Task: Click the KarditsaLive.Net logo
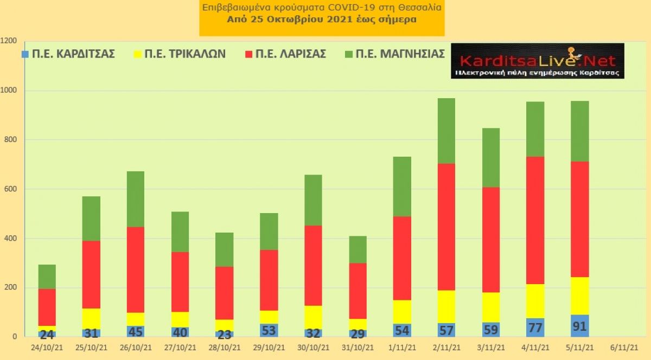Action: tap(538, 61)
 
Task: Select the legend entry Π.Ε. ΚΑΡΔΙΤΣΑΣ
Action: tap(68, 54)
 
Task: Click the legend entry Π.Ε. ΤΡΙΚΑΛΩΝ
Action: tap(180, 54)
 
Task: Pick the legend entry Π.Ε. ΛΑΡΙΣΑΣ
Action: tap(286, 54)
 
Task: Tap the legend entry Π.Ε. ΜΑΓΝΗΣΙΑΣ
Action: tap(395, 54)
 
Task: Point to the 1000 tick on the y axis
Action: tap(9, 91)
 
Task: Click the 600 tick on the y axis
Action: tap(10, 189)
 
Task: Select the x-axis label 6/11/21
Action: tap(624, 348)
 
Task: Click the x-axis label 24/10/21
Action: tap(47, 348)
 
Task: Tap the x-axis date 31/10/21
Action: tap(358, 348)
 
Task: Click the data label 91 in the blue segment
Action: tap(579, 326)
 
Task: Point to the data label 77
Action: tap(535, 328)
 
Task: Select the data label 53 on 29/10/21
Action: tap(269, 330)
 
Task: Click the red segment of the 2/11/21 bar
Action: tap(446, 227)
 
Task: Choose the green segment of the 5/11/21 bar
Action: tap(580, 131)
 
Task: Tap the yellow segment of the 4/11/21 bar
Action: tap(535, 301)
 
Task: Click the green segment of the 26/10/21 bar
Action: tap(136, 200)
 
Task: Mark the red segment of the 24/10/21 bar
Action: tap(47, 307)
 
